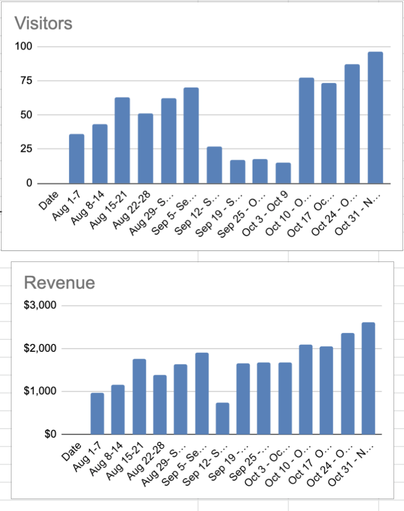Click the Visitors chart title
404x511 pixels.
point(43,23)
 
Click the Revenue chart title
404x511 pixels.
point(59,282)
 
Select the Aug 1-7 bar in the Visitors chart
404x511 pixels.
point(76,159)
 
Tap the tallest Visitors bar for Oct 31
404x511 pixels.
point(375,118)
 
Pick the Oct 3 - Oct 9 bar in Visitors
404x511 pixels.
point(283,173)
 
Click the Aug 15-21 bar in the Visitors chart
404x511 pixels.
point(122,141)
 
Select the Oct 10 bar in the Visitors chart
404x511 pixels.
point(306,131)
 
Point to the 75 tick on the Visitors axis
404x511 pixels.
point(25,81)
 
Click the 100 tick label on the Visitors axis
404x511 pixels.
point(23,47)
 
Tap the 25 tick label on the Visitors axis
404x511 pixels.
point(25,149)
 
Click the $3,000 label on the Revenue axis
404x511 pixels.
point(41,305)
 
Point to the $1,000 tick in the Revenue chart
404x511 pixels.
point(41,392)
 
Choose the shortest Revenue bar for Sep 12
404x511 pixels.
point(222,419)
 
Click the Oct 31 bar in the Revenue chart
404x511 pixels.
point(368,378)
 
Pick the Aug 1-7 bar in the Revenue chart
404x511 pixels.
point(97,414)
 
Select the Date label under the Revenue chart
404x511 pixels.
point(71,451)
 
